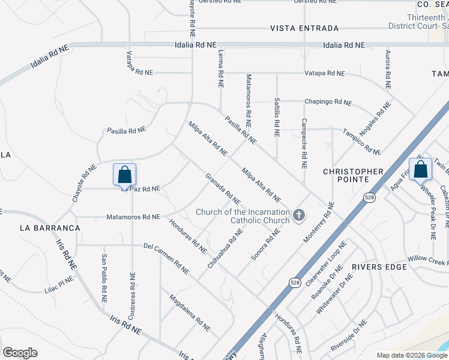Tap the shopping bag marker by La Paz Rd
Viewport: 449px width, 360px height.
click(124, 175)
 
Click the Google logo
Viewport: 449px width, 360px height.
click(20, 353)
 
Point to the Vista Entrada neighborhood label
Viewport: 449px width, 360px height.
click(304, 28)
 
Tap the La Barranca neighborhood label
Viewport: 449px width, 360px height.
click(50, 228)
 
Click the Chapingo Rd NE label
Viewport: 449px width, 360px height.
click(328, 103)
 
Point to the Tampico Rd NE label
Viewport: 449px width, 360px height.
click(361, 142)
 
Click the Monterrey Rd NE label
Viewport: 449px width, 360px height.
click(318, 221)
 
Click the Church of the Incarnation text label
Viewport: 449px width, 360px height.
click(243, 215)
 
